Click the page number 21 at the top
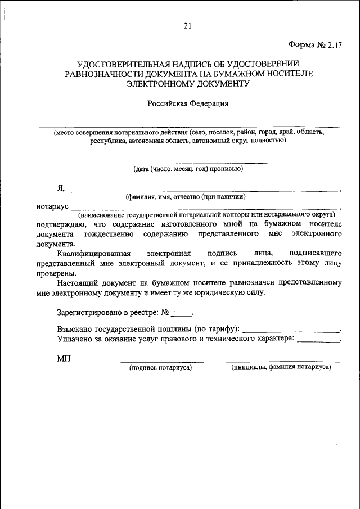(187, 25)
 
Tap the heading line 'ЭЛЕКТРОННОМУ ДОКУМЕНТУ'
(187, 83)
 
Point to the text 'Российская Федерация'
(188, 103)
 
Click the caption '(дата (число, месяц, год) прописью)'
(188, 168)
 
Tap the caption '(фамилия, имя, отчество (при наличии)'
(185, 197)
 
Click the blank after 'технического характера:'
(318, 340)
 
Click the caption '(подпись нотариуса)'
(161, 367)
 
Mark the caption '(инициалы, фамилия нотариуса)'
(281, 367)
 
